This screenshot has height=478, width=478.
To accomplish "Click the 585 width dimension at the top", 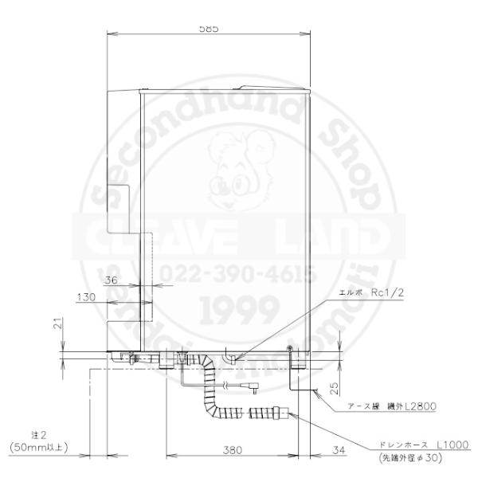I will (210, 28).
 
